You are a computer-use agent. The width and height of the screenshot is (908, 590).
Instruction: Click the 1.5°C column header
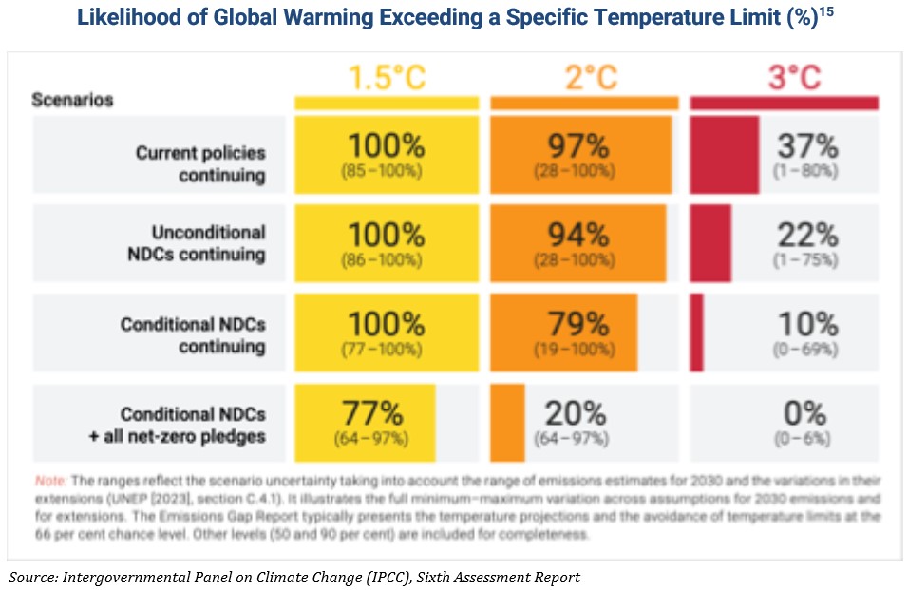[x=387, y=78]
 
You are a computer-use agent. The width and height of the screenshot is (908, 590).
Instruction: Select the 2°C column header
[x=591, y=78]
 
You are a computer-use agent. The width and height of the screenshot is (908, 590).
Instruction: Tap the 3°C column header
[x=794, y=78]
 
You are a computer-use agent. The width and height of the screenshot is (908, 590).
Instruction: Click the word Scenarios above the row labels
[x=72, y=100]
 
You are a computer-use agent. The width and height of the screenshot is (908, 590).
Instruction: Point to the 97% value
[x=578, y=145]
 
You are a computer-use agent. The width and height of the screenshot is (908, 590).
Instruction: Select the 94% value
[x=578, y=235]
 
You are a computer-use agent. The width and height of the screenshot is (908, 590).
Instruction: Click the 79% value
[x=578, y=324]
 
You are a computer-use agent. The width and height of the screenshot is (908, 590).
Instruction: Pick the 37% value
[x=807, y=145]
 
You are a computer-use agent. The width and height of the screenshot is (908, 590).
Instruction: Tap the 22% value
[x=807, y=235]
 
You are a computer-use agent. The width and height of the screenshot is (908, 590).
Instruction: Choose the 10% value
[x=807, y=324]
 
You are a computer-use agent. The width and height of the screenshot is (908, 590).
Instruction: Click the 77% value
[x=372, y=413]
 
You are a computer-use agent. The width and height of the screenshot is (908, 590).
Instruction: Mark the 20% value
[x=575, y=413]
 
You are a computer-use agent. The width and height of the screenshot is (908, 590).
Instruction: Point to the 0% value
[x=804, y=413]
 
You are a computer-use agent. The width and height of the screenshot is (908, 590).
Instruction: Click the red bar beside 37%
[x=725, y=155]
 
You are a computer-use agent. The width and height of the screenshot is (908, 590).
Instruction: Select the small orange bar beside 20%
[x=507, y=423]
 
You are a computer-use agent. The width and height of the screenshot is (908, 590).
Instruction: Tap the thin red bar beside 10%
[x=696, y=333]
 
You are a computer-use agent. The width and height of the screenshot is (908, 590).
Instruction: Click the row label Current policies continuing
[x=200, y=163]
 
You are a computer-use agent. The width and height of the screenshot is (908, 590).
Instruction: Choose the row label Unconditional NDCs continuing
[x=197, y=243]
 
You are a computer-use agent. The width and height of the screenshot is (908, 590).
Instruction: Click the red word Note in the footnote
[x=50, y=481]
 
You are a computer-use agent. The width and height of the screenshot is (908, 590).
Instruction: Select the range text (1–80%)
[x=805, y=171]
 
